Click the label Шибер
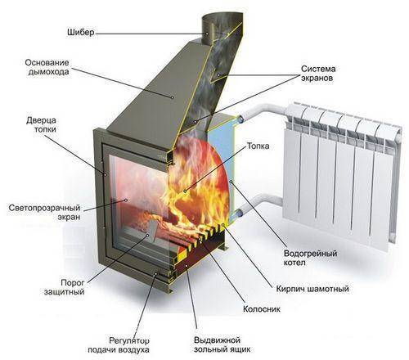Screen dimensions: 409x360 [81, 33]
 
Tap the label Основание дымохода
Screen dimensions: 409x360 [47, 67]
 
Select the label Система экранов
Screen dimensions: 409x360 [318, 74]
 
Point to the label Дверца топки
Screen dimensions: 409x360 [41, 124]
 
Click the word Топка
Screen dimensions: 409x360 [258, 146]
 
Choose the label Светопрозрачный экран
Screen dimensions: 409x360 [45, 212]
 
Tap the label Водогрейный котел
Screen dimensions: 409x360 [310, 258]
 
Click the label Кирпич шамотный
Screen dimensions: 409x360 [312, 289]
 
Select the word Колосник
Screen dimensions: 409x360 [262, 309]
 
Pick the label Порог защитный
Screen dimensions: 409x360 [65, 287]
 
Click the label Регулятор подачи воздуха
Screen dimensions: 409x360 [119, 345]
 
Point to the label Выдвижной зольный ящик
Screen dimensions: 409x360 [222, 345]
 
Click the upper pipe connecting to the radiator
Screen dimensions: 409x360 [262, 112]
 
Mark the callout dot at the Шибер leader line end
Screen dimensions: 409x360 [207, 34]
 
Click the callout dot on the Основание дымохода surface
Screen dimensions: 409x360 [172, 97]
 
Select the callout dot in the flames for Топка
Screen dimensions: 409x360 [185, 191]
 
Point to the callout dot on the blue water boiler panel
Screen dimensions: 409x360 [231, 181]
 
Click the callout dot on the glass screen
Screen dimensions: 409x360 [126, 200]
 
